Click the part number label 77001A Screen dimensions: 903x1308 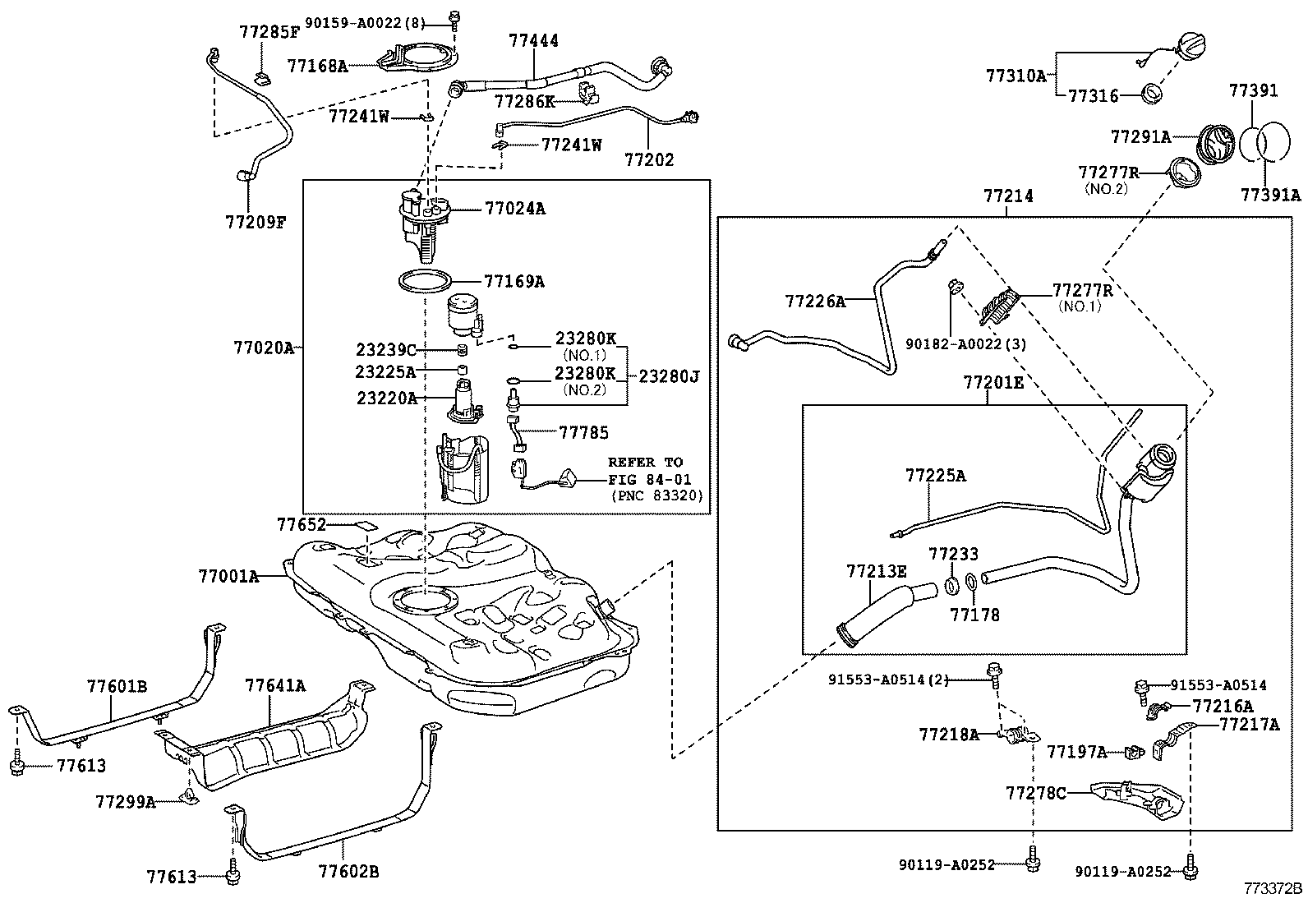coord(228,576)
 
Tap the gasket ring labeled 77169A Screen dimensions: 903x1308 coord(425,282)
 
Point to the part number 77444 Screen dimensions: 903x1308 coord(533,39)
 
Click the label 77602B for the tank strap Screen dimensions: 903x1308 coord(348,871)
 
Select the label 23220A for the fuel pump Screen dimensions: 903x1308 coord(385,398)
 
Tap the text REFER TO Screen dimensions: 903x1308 coord(645,462)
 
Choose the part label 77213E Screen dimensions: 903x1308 coord(877,570)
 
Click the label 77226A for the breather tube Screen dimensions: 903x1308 coord(814,302)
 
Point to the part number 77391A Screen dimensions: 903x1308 coord(1270,195)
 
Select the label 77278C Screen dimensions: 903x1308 coord(1035,793)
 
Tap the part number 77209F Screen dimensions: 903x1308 coord(255,221)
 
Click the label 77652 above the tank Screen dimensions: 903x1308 coord(301,524)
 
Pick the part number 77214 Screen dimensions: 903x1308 coord(1007,196)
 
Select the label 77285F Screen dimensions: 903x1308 coord(269,33)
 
